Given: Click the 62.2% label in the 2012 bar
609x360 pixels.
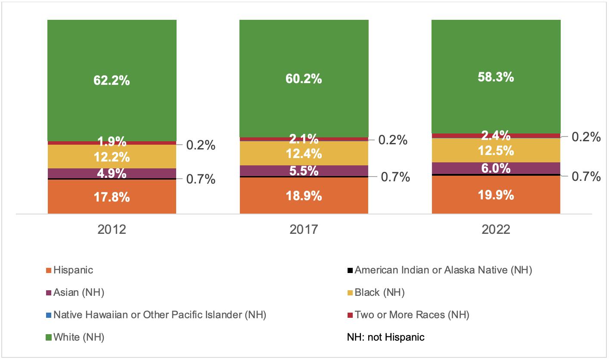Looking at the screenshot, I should [x=112, y=80].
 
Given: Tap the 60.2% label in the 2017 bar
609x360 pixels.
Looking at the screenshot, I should [x=304, y=79].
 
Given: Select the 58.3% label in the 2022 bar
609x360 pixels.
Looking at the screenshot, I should [x=496, y=78].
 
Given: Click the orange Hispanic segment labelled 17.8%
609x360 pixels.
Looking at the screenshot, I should [x=112, y=197].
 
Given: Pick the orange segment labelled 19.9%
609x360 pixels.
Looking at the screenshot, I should [x=496, y=195].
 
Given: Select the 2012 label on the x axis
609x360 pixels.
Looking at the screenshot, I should [x=112, y=229].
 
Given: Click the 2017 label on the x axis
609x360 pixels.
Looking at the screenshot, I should [x=304, y=229].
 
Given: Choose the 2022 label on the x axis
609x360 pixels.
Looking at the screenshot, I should [x=496, y=229].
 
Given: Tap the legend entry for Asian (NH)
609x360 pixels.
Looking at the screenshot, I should [x=79, y=293].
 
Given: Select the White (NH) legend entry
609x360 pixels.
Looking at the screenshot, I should [x=79, y=337].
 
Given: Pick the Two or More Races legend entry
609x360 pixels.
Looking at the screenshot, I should [x=412, y=315].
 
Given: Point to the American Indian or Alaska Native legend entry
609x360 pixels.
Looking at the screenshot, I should [x=443, y=270].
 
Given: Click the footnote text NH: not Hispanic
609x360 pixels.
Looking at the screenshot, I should [x=385, y=337].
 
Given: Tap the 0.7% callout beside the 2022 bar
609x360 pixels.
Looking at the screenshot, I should [x=586, y=177].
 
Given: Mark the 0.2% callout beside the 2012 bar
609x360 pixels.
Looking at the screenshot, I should [x=201, y=146].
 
